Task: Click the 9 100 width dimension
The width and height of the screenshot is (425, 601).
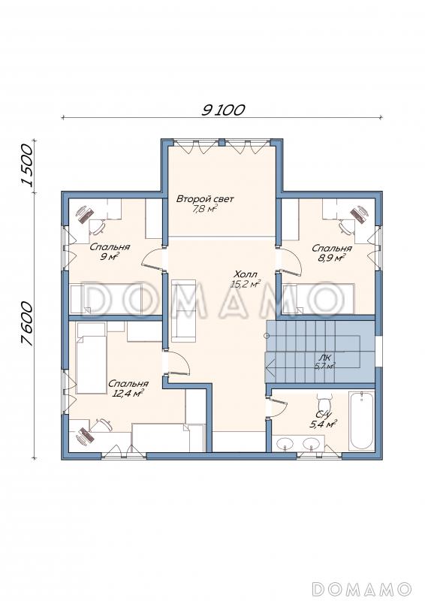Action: coord(223,110)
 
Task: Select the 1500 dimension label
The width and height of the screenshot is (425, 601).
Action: coord(28,165)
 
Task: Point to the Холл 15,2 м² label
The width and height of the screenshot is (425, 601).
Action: coord(246,279)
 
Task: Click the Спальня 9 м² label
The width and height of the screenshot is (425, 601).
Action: coord(110,252)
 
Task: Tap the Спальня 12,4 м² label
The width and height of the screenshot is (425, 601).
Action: coord(128,388)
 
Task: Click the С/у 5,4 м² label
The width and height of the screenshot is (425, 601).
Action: coord(323,419)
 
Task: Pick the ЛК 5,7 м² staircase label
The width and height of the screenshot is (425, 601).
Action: coord(325,362)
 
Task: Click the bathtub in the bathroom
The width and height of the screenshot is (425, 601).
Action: coord(361,421)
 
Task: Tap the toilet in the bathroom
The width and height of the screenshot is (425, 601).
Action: coord(324,403)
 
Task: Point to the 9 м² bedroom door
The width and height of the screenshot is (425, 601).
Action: coord(153,258)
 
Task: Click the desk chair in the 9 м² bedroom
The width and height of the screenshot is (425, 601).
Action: coord(98,227)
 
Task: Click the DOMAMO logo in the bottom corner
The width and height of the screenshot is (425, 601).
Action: coord(361,588)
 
